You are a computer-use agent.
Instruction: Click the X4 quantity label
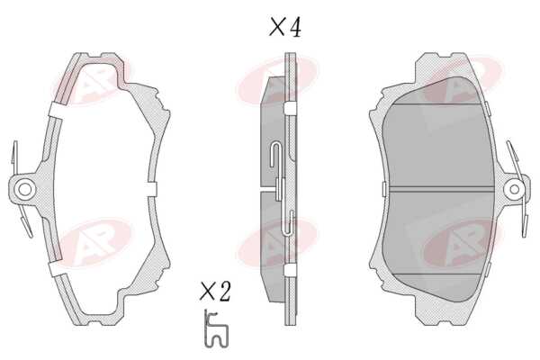(x=284, y=28)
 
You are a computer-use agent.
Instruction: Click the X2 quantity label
(x=215, y=292)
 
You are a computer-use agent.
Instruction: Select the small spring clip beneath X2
(x=216, y=328)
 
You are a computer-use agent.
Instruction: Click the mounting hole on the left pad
(x=25, y=189)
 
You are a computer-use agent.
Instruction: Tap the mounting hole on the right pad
(x=514, y=189)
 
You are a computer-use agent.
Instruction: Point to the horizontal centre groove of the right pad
(x=438, y=188)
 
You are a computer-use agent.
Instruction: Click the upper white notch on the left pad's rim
(x=56, y=110)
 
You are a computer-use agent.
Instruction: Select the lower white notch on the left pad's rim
(x=56, y=268)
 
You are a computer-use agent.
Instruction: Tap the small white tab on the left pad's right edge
(x=152, y=189)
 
